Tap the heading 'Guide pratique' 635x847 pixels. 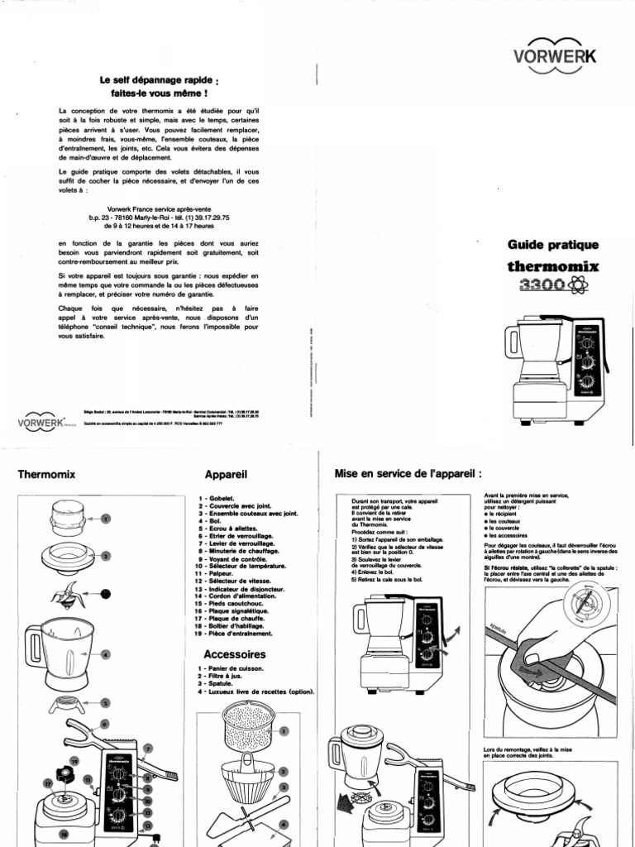pyautogui.click(x=552, y=245)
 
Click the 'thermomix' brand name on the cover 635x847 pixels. pyautogui.click(x=552, y=266)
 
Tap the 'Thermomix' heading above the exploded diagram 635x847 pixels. pyautogui.click(x=46, y=475)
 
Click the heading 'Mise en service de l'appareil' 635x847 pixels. pyautogui.click(x=408, y=474)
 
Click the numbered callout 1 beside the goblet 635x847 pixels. pyautogui.click(x=105, y=519)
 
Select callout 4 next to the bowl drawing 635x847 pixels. pyautogui.click(x=105, y=655)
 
